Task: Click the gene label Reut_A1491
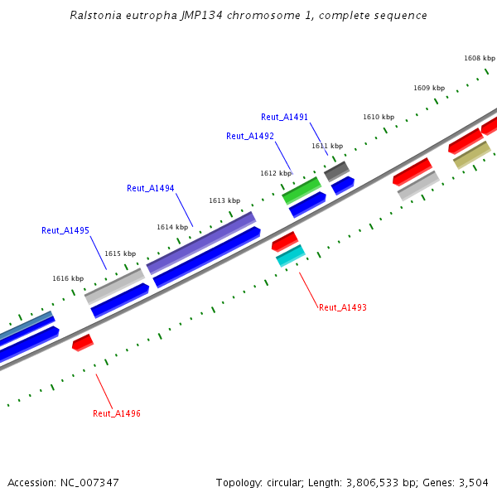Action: coord(284,118)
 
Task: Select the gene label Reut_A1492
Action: coord(249,136)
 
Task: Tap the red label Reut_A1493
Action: coord(342,307)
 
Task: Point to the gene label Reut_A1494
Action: coord(150,188)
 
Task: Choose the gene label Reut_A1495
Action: coord(65,230)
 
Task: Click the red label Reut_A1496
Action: coord(116,413)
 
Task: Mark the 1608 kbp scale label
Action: coord(480,58)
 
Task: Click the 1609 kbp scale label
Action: coord(429,88)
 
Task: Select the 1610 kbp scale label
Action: coord(379,117)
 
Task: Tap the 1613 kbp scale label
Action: coord(224,200)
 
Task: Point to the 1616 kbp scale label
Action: coord(68,278)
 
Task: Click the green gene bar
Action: coord(302,190)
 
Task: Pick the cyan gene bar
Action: coord(291,255)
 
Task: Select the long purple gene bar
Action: coord(201,243)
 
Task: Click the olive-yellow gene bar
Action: coord(472,154)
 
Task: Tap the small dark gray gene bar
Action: coord(336,171)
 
